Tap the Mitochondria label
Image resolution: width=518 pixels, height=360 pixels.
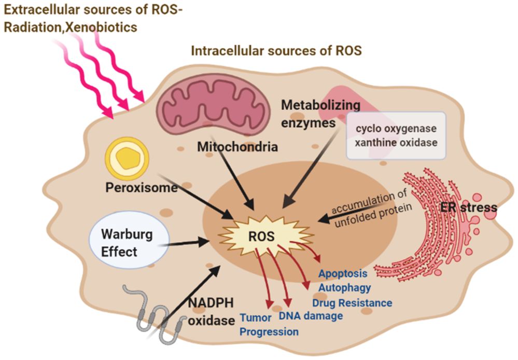pyautogui.click(x=237, y=147)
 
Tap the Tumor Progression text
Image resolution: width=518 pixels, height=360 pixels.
pyautogui.click(x=269, y=325)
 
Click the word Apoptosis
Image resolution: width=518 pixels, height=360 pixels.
pyautogui.click(x=343, y=273)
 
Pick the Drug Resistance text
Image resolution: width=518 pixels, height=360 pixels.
pyautogui.click(x=352, y=302)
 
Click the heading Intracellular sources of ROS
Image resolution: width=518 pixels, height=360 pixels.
pyautogui.click(x=276, y=51)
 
